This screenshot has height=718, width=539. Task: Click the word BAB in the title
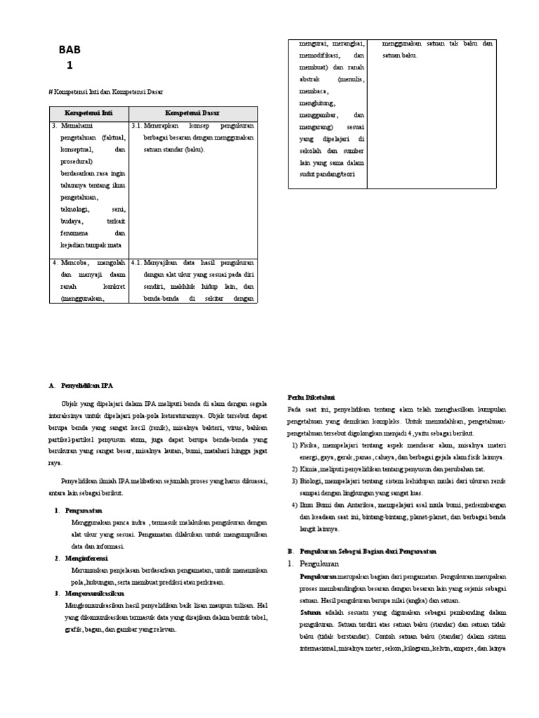(70, 50)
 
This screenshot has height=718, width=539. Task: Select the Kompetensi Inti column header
(88, 113)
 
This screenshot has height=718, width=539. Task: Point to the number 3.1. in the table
(136, 126)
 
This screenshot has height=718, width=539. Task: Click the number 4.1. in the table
(136, 264)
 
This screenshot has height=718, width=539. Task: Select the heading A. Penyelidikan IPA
(81, 385)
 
